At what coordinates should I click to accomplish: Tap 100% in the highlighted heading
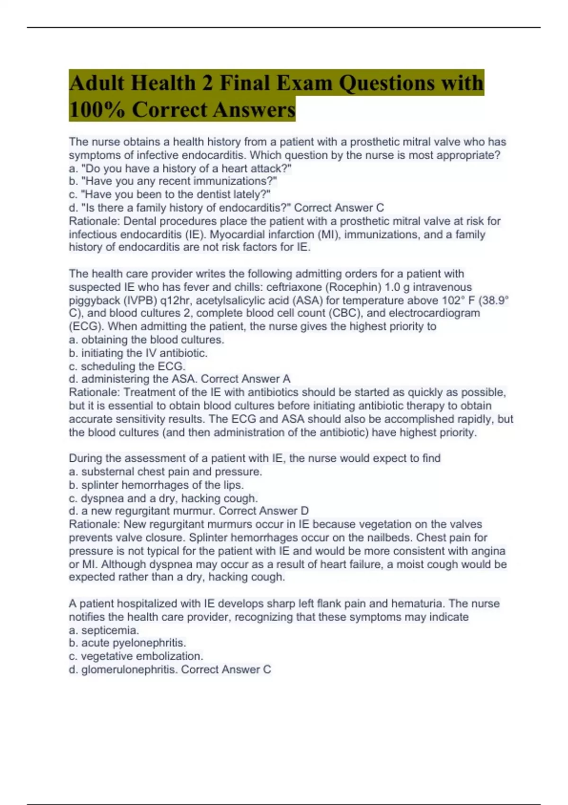97,110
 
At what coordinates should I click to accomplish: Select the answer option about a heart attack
180,168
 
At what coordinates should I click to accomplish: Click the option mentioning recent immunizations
173,181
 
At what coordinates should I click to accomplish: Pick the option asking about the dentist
169,194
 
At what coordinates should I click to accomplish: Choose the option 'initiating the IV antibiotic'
138,353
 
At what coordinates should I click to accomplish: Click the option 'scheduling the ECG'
127,366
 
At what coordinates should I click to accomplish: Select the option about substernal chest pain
165,472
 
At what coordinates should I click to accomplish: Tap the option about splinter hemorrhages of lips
156,485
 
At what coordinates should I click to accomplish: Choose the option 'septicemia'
104,630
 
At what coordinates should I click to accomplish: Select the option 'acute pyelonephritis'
128,643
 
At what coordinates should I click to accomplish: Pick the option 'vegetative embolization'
136,656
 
